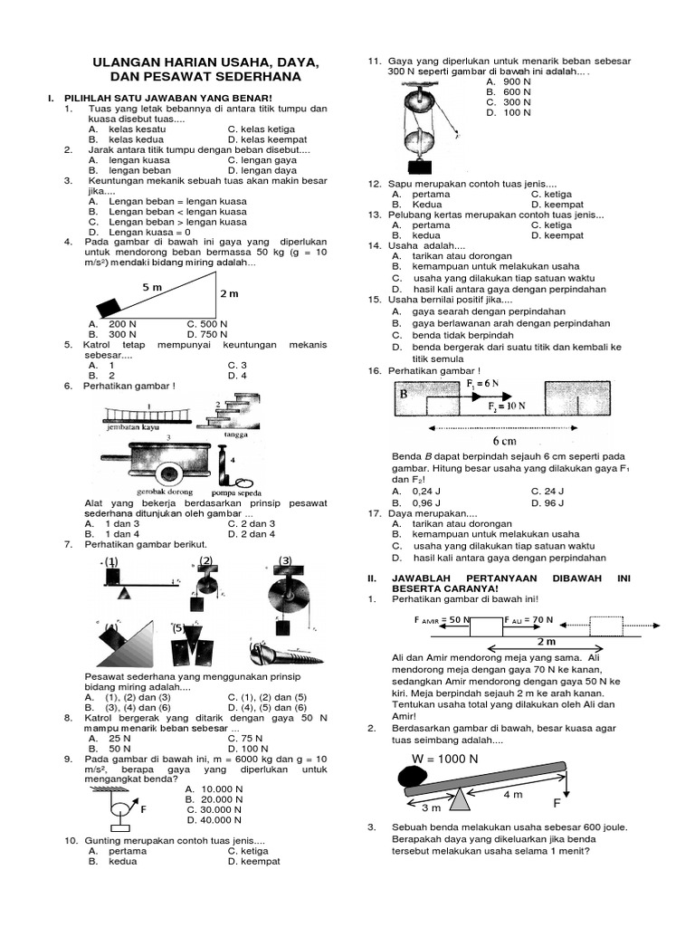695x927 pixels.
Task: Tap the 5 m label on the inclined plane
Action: [x=151, y=287]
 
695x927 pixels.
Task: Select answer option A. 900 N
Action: [x=508, y=81]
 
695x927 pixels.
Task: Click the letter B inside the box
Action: [x=405, y=394]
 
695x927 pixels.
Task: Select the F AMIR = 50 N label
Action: [x=441, y=621]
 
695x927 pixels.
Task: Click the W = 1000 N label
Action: [x=444, y=759]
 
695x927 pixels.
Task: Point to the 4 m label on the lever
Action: [x=512, y=794]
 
